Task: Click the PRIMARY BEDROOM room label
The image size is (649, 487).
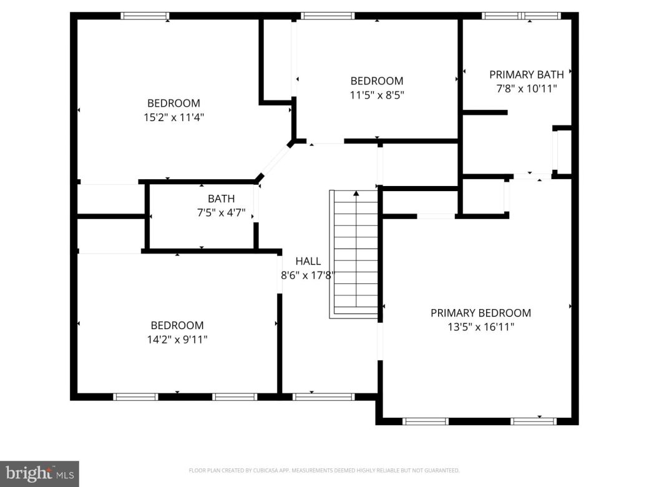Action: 481,313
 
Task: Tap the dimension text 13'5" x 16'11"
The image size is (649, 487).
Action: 481,327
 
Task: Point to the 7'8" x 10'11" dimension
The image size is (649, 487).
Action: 526,89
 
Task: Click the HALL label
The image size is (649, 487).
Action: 308,261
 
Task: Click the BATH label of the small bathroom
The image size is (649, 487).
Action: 222,199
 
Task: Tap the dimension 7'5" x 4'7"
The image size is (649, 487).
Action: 222,213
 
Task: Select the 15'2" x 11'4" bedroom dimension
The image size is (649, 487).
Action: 173,117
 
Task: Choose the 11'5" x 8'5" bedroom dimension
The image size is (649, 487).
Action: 376,95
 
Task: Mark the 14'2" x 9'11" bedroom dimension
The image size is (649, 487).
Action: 177,339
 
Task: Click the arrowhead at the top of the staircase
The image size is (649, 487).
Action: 356,194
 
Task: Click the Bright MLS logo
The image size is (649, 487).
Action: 39,474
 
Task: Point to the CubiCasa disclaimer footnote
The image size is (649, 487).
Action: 324,470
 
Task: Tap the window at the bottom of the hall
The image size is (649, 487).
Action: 323,396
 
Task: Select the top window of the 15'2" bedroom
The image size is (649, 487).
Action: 145,16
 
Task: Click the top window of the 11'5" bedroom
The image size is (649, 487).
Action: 328,16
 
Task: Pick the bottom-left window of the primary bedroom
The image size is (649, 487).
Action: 426,421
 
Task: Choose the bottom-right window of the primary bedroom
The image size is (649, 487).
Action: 533,421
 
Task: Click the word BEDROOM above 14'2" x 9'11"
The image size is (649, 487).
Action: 177,325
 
